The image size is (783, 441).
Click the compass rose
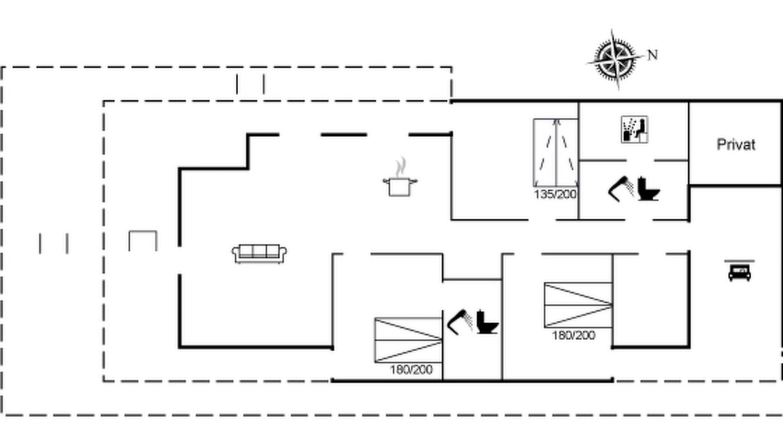tap(615, 60)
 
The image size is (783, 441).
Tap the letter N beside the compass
tap(653, 55)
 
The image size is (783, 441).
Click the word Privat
tap(736, 144)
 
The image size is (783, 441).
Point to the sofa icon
tap(259, 254)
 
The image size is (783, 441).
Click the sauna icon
tap(634, 129)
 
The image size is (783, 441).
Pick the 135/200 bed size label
tap(555, 194)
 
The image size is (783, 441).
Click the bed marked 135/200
tap(555, 153)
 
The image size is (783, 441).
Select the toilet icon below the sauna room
tap(648, 189)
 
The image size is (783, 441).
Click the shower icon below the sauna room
tap(621, 189)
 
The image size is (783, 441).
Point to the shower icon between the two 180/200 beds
tap(459, 322)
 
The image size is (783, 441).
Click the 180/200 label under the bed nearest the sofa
tap(411, 369)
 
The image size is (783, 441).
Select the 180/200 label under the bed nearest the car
tap(573, 335)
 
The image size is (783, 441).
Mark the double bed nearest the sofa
tap(408, 340)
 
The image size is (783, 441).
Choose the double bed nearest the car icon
tap(578, 305)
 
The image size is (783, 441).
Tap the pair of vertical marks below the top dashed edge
tap(250, 84)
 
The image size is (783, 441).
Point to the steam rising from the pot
tap(401, 167)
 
